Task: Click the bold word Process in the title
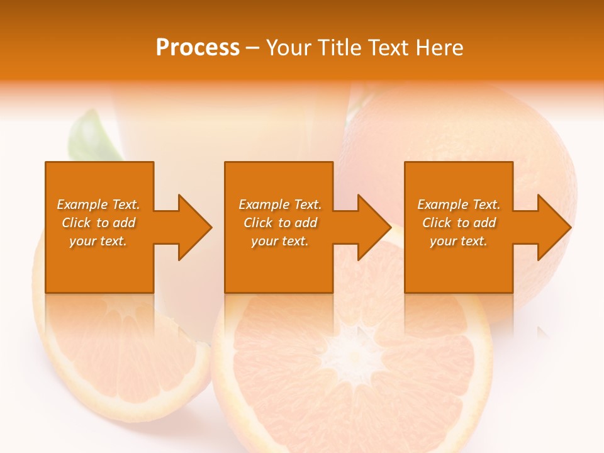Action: pos(198,48)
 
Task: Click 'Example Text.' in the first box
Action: pos(98,204)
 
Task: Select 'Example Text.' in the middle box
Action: pos(280,204)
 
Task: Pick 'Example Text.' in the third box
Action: pos(459,204)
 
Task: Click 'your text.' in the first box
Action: pos(98,241)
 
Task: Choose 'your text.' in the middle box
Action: pos(280,241)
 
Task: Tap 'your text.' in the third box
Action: pos(459,241)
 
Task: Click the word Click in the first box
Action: pos(76,223)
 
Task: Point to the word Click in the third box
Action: pos(437,223)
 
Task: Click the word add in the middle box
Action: pos(306,223)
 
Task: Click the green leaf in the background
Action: pos(91,136)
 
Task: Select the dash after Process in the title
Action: pos(253,48)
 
